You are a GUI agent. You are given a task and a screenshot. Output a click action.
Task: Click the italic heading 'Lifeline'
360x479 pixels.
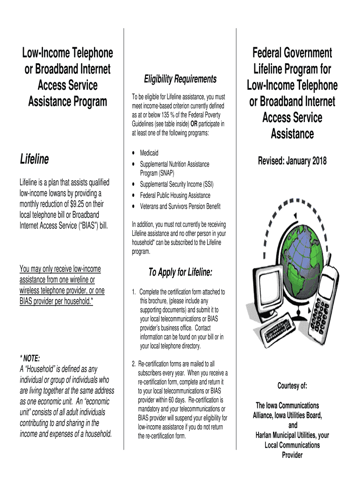pos(35,160)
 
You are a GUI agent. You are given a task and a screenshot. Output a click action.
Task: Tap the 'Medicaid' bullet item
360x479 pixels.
pos(149,153)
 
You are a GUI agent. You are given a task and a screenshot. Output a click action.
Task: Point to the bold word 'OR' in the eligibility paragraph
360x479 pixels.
pos(193,123)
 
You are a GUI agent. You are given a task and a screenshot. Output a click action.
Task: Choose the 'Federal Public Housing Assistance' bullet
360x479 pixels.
pos(175,196)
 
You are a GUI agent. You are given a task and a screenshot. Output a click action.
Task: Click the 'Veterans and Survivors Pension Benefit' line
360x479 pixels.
pos(180,206)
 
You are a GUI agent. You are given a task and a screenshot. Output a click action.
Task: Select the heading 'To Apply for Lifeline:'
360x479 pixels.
pos(180,272)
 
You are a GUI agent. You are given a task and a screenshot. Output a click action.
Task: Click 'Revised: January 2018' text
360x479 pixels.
pos(292,161)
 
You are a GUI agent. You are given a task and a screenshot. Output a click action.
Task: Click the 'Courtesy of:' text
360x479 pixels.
pos(292,386)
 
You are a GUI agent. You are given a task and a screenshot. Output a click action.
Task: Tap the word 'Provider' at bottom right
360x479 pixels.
pos(292,455)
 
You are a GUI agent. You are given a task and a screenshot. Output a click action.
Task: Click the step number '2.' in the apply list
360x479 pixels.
pos(134,363)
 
